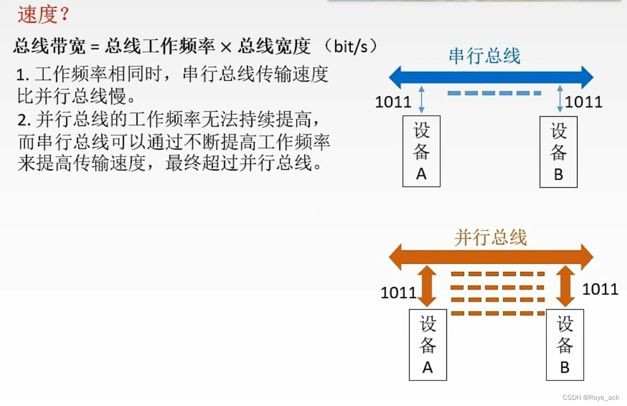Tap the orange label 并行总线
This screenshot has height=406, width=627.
(490, 238)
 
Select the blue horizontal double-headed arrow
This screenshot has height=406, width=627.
(491, 78)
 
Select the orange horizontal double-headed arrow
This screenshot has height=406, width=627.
(491, 257)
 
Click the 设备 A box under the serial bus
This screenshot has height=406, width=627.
(421, 151)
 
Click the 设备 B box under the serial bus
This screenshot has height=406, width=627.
(559, 151)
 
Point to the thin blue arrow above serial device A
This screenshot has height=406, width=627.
(421, 100)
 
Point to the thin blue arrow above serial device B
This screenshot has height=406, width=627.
(560, 100)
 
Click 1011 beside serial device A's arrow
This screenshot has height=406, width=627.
(393, 102)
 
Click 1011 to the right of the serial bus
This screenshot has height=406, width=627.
(584, 102)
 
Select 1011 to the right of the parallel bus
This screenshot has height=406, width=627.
(600, 289)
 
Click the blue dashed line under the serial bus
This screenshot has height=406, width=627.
(494, 93)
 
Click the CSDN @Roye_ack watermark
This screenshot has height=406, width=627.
(591, 397)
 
